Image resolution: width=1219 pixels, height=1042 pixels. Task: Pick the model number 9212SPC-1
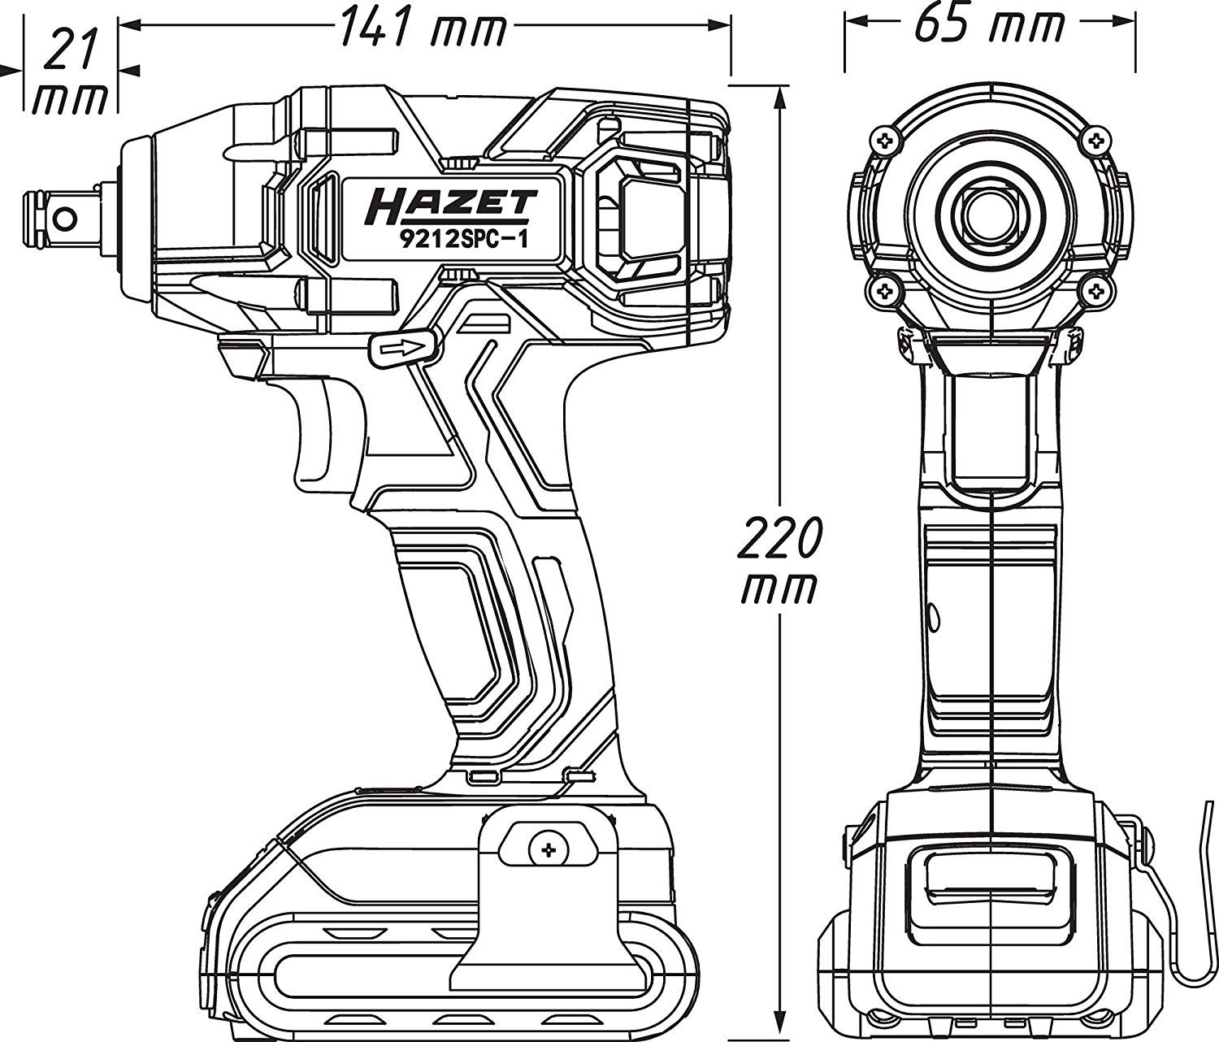451,241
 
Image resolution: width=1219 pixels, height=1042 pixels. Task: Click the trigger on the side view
317,435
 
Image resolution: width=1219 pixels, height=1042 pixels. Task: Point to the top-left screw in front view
885,141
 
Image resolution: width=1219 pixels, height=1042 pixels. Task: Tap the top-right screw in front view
1097,141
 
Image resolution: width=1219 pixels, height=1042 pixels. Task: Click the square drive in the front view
991,214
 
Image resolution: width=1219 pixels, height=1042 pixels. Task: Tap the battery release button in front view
991,882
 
